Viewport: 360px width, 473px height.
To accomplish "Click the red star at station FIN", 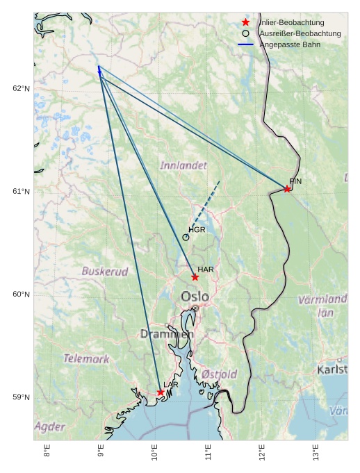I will (287, 189).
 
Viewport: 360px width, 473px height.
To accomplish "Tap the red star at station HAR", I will (195, 277).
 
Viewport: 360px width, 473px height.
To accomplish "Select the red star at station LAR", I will (161, 392).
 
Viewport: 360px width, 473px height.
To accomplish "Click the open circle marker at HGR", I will (186, 238).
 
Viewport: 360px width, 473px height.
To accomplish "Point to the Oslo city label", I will (195, 297).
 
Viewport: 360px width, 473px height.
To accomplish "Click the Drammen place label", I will (167, 334).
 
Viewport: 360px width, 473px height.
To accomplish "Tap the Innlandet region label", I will (183, 166).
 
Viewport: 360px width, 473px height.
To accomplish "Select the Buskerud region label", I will (105, 272).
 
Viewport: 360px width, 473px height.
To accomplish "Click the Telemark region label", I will (86, 359).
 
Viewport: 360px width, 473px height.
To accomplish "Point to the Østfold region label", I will (220, 374).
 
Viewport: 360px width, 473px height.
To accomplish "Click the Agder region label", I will (49, 426).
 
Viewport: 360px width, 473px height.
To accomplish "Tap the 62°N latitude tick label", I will (21, 89).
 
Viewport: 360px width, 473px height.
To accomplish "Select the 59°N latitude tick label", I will (21, 397).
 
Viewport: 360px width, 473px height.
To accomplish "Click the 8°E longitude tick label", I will (47, 452).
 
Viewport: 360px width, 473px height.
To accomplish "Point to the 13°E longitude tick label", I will (316, 452).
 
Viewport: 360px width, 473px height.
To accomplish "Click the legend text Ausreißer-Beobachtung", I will (300, 33).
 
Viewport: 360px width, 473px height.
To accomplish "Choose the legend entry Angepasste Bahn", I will (290, 44).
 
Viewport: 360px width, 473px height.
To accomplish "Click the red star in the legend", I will (245, 22).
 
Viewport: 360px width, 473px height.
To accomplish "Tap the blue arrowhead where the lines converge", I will (99, 69).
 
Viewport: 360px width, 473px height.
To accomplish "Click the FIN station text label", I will (295, 181).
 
